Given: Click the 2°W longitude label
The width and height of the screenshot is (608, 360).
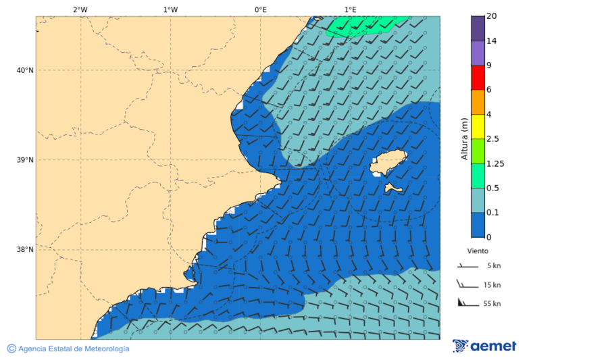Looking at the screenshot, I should (80, 9).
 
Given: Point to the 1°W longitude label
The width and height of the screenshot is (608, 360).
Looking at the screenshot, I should (170, 9).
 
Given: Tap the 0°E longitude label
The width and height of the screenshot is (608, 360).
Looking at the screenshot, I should (260, 9).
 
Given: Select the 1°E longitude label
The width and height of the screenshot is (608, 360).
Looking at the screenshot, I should (350, 9).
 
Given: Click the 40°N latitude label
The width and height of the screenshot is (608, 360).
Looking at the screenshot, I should (26, 70).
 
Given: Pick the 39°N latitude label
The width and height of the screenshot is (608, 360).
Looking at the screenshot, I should (26, 160).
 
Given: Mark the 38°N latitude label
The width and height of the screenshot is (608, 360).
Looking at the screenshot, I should (26, 249).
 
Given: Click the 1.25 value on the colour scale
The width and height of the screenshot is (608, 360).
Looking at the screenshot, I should (495, 163).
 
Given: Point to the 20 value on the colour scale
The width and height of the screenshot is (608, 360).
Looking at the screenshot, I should (491, 16).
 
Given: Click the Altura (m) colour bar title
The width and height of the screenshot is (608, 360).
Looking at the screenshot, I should (464, 138).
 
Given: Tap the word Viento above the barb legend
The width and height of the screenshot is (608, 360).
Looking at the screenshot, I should (478, 251).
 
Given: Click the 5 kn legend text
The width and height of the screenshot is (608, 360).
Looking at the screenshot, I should (493, 265).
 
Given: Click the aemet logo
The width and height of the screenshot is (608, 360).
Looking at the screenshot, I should (484, 346).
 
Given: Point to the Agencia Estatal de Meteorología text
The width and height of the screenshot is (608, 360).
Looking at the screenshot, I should (73, 349).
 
